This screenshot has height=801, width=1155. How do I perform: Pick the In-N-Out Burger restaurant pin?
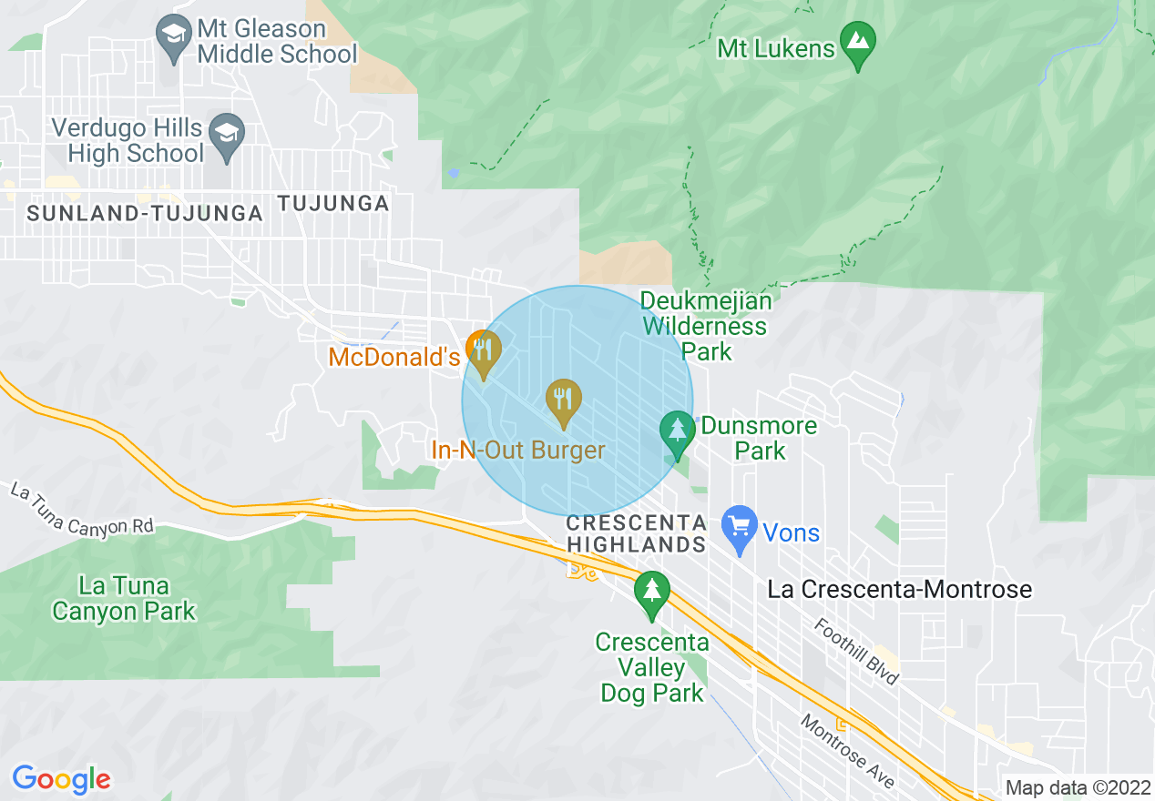click(x=564, y=401)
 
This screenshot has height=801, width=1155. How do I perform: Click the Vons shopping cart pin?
click(x=740, y=529)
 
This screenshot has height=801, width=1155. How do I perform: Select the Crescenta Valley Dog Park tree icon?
click(x=651, y=593)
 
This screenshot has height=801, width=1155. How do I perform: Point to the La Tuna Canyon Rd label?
click(x=82, y=509)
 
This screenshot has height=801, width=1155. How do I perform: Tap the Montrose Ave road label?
click(x=847, y=751)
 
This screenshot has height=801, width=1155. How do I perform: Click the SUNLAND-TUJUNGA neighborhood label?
click(x=145, y=214)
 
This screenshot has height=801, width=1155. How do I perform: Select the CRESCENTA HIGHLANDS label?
click(x=636, y=533)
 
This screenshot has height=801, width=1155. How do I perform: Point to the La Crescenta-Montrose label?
click(x=900, y=589)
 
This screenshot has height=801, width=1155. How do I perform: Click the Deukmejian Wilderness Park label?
click(x=705, y=325)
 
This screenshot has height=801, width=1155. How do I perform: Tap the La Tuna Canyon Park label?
click(x=124, y=598)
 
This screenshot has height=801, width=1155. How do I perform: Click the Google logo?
click(x=61, y=779)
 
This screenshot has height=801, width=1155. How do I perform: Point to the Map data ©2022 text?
click(x=1077, y=787)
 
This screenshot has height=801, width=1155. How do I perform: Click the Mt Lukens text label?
click(x=776, y=48)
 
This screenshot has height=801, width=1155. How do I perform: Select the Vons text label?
click(x=792, y=532)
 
